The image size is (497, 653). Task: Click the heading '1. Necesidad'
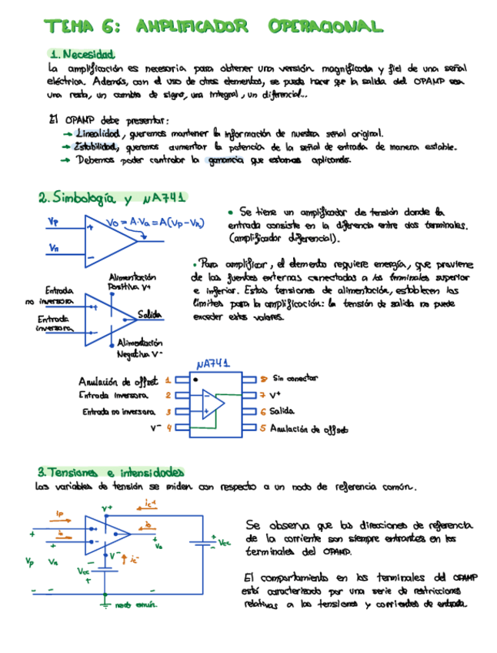tap(81, 55)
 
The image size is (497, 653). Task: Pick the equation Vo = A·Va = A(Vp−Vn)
tap(155, 223)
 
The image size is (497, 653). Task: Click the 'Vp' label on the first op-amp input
tap(52, 222)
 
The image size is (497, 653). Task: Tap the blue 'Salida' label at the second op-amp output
tap(149, 314)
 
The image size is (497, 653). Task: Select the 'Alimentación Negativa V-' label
tap(139, 348)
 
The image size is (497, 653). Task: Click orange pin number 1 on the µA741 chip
tap(168, 380)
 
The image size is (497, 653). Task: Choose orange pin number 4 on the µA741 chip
tap(168, 427)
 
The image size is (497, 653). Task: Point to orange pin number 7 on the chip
tap(262, 395)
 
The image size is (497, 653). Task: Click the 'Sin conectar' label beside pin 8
tap(295, 378)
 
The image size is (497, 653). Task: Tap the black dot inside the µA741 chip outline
tap(196, 380)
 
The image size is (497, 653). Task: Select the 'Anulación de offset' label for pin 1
tap(118, 380)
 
